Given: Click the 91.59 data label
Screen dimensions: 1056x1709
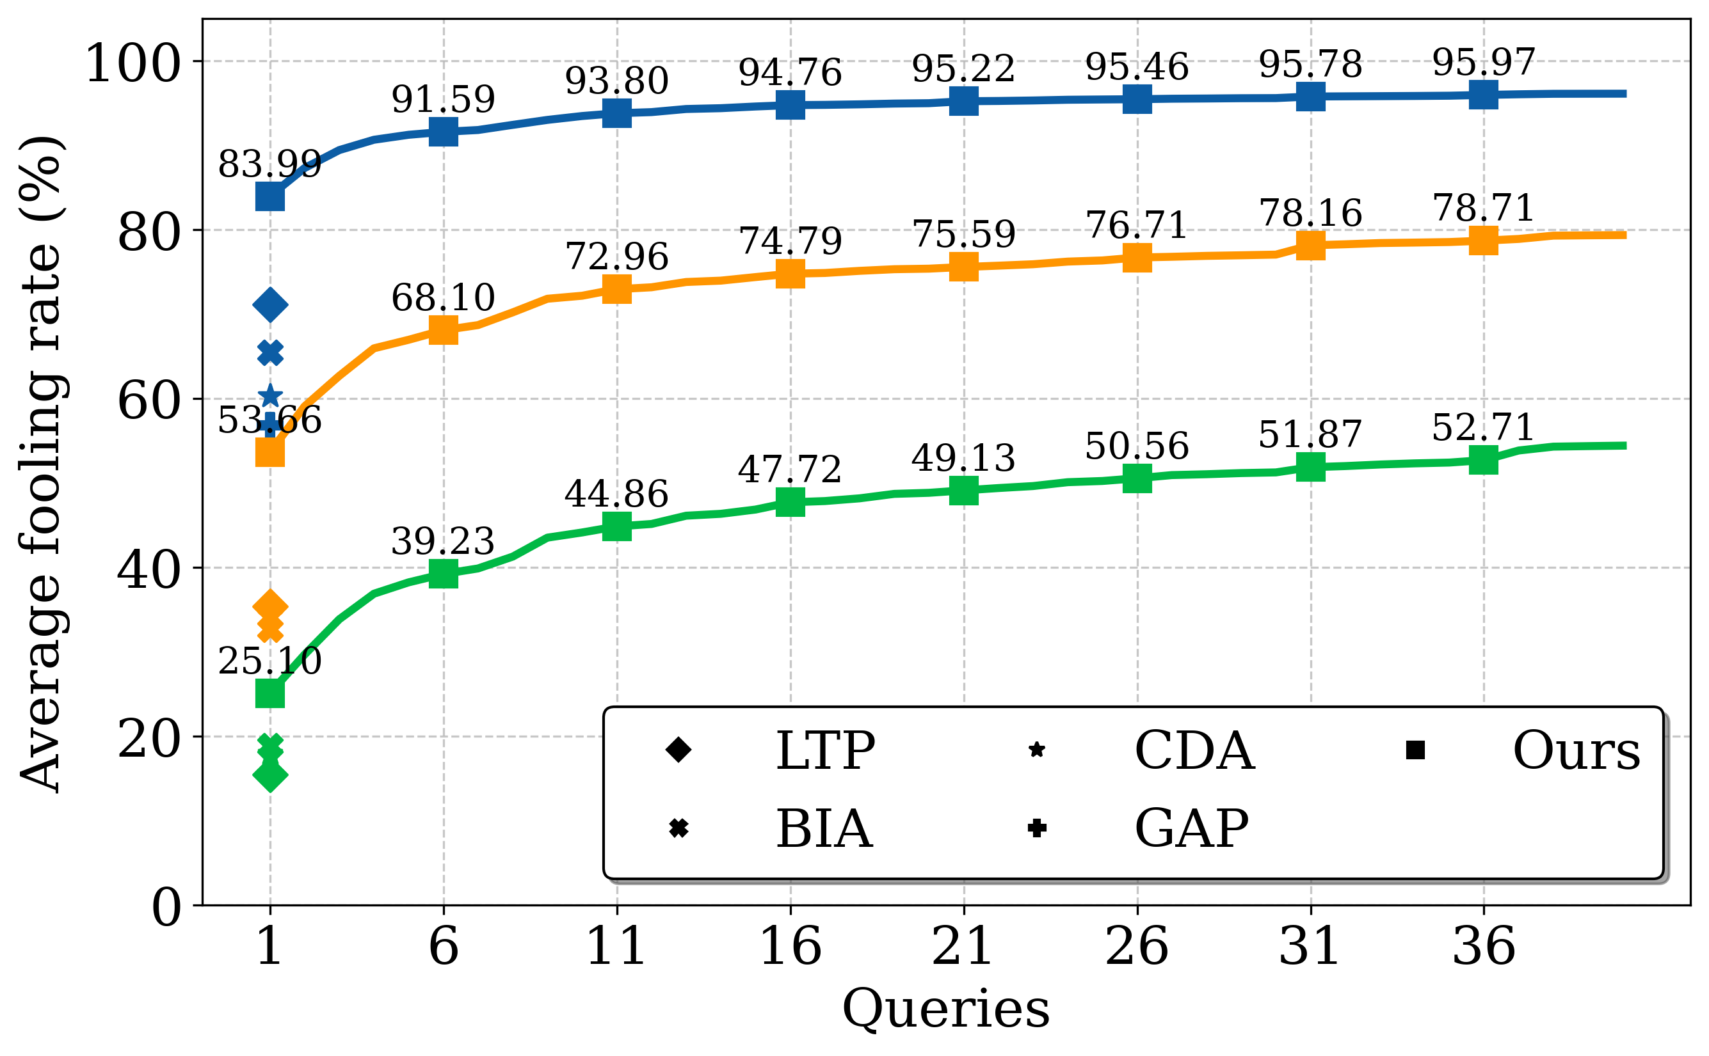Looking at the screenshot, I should [443, 100].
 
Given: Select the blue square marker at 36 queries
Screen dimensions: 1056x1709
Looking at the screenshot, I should [1483, 94].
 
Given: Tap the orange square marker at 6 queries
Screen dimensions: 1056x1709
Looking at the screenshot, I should [443, 329].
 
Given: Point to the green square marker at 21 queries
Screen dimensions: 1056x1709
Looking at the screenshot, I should [963, 491].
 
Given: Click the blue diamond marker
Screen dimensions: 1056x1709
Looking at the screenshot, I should [270, 304].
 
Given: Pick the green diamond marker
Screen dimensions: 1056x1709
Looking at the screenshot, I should [270, 775].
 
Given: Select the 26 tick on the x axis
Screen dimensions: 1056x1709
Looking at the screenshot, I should [1137, 947].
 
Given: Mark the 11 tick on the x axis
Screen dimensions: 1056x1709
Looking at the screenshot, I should [616, 947].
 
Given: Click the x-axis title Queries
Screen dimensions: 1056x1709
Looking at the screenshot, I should [946, 1009].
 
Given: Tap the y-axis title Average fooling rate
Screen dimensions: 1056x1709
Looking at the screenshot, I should [42, 464].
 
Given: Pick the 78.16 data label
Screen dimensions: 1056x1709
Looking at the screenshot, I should [1311, 214].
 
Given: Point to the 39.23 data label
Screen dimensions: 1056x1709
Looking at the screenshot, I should [443, 542].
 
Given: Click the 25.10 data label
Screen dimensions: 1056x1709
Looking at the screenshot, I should [269, 661].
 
